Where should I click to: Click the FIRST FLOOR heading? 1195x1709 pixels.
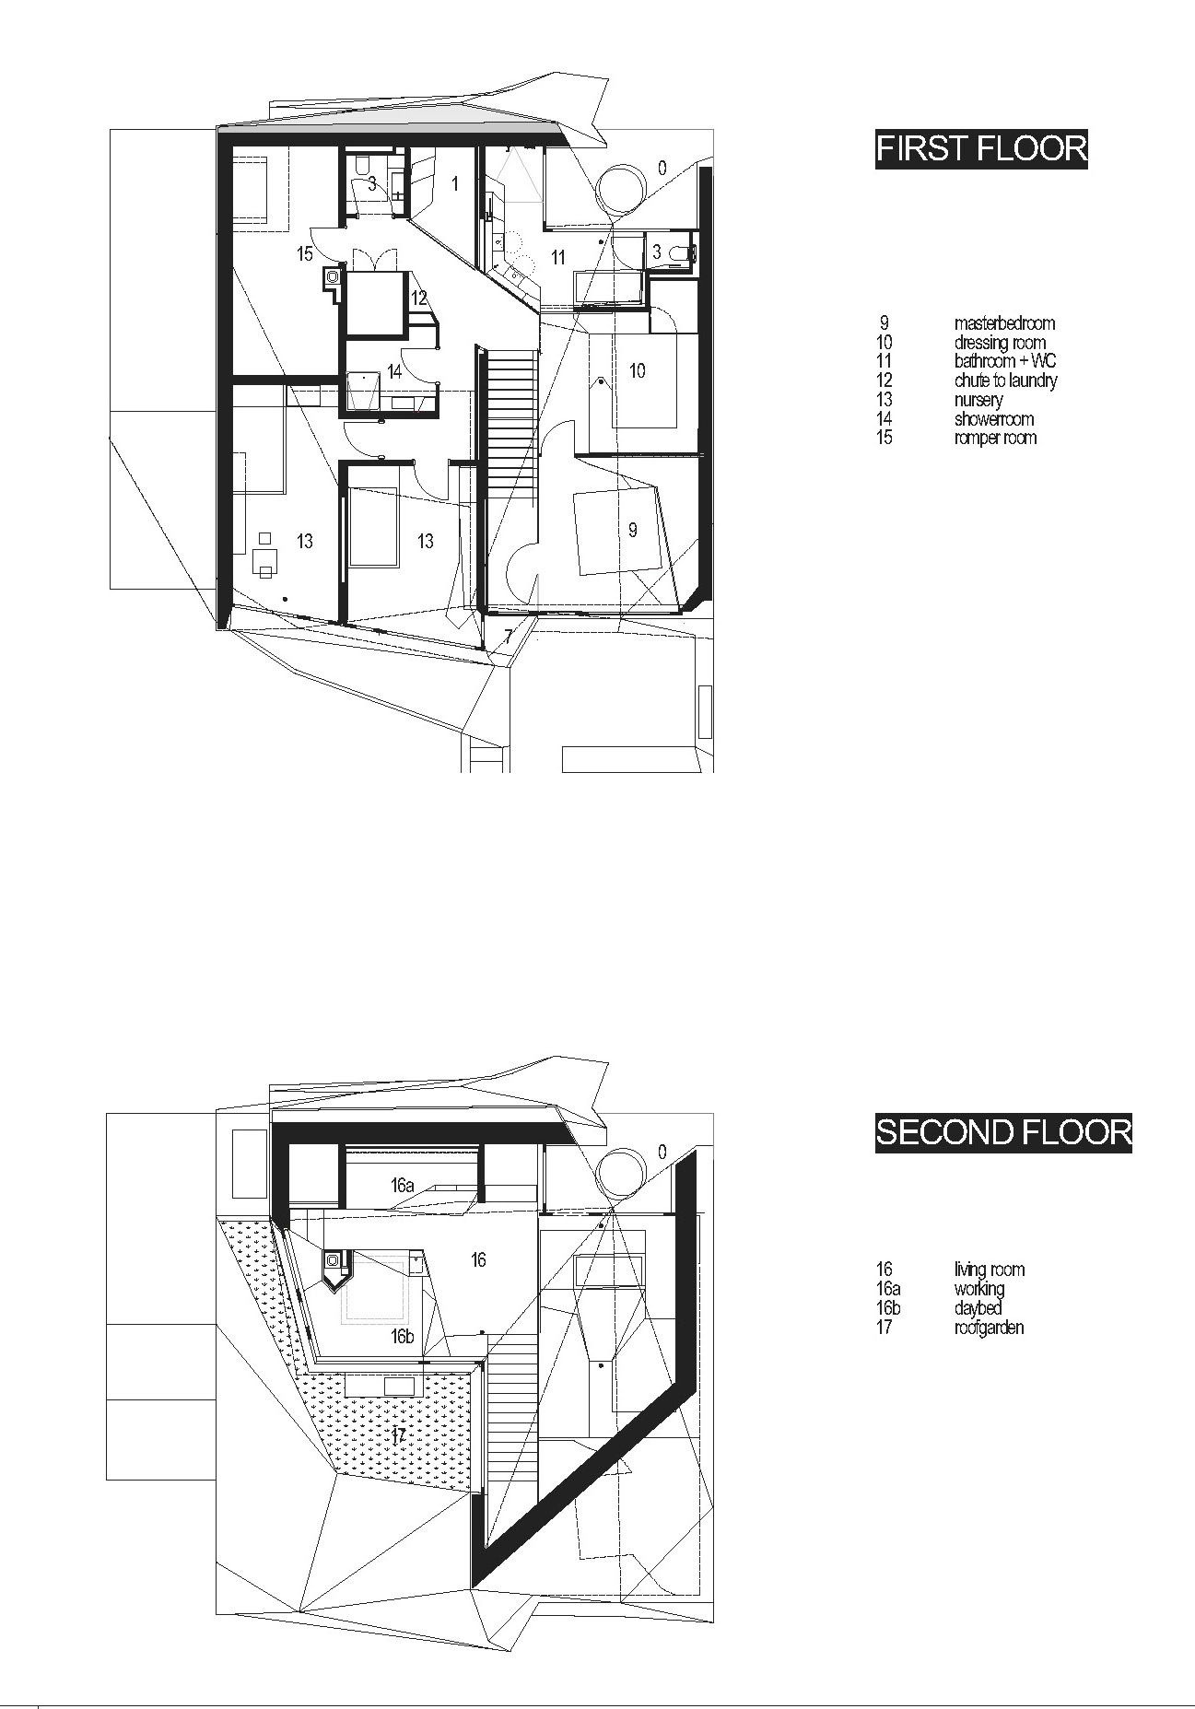tap(981, 148)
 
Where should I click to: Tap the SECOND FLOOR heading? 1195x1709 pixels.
tap(1003, 1131)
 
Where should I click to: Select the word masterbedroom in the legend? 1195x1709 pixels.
tap(1004, 323)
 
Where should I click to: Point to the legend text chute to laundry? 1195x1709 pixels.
tap(1005, 380)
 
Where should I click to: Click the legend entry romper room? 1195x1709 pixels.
tap(995, 438)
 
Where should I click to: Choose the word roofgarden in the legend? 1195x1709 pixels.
tap(989, 1328)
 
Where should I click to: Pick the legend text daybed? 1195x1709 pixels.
tap(978, 1308)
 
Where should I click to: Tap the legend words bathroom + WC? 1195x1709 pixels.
tap(1005, 361)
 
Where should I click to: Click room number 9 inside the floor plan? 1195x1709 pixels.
tap(632, 530)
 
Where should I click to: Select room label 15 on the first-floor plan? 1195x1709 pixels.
tap(305, 253)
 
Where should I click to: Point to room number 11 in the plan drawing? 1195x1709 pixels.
tap(558, 258)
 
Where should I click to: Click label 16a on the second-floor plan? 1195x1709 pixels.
tap(403, 1186)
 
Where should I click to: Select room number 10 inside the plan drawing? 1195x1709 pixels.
tap(637, 370)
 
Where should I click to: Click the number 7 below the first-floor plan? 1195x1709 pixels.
tap(509, 637)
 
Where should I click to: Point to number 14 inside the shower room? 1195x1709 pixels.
tap(394, 372)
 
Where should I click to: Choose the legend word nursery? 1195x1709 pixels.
tap(978, 400)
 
